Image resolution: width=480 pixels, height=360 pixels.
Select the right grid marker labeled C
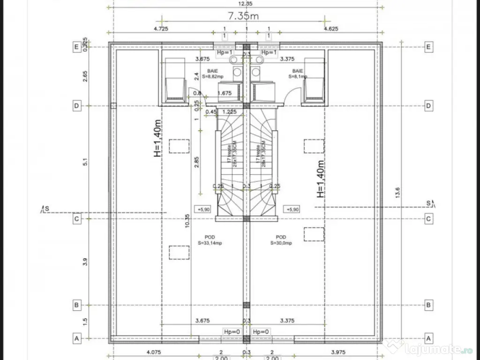tap(428, 218)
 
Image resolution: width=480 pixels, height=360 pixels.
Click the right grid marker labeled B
tap(428, 305)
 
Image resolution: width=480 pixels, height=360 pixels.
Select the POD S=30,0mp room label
tap(281, 240)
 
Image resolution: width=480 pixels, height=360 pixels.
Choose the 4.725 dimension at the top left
tap(161, 29)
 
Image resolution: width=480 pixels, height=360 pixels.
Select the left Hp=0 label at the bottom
tap(232, 332)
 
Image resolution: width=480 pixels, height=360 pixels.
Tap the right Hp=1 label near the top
tap(269, 53)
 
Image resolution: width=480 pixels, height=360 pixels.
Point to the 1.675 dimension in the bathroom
tap(225, 93)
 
